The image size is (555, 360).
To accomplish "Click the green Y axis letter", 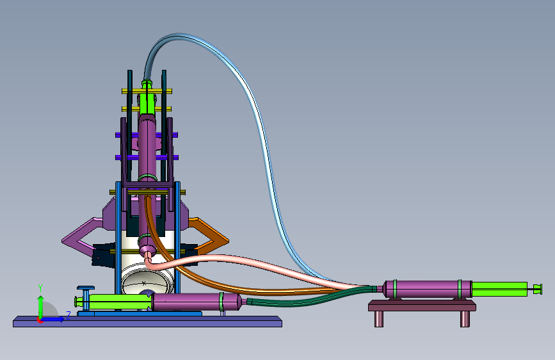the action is pos(40,288).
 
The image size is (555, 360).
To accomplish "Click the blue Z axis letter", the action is pos(68,315).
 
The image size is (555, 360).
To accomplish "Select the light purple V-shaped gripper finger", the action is pos(79,238).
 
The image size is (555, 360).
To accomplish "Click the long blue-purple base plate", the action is pos(147,322).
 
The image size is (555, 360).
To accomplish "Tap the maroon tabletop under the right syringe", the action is pos(422,306).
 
